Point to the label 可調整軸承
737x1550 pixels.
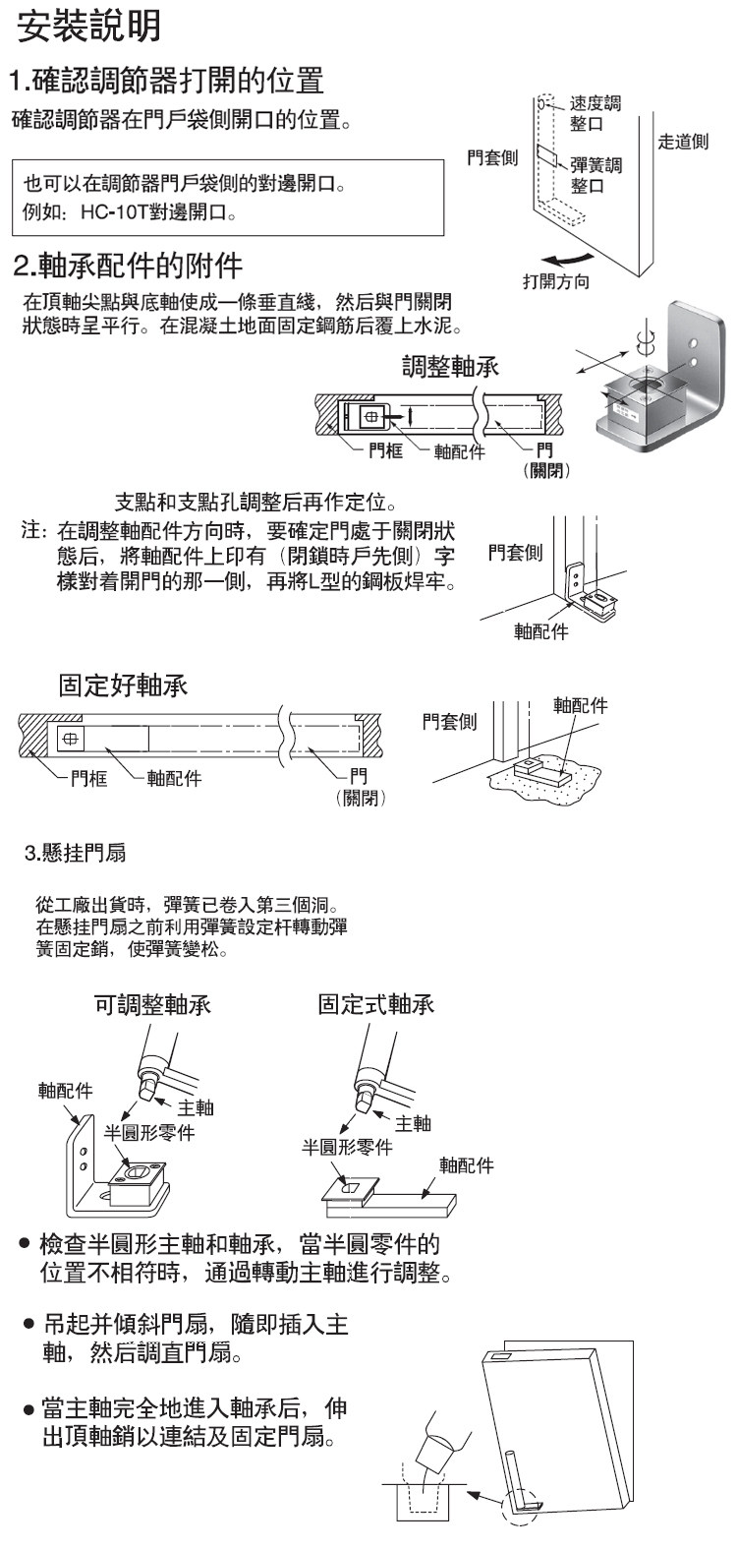(x=151, y=1005)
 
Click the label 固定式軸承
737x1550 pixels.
(x=376, y=1005)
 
